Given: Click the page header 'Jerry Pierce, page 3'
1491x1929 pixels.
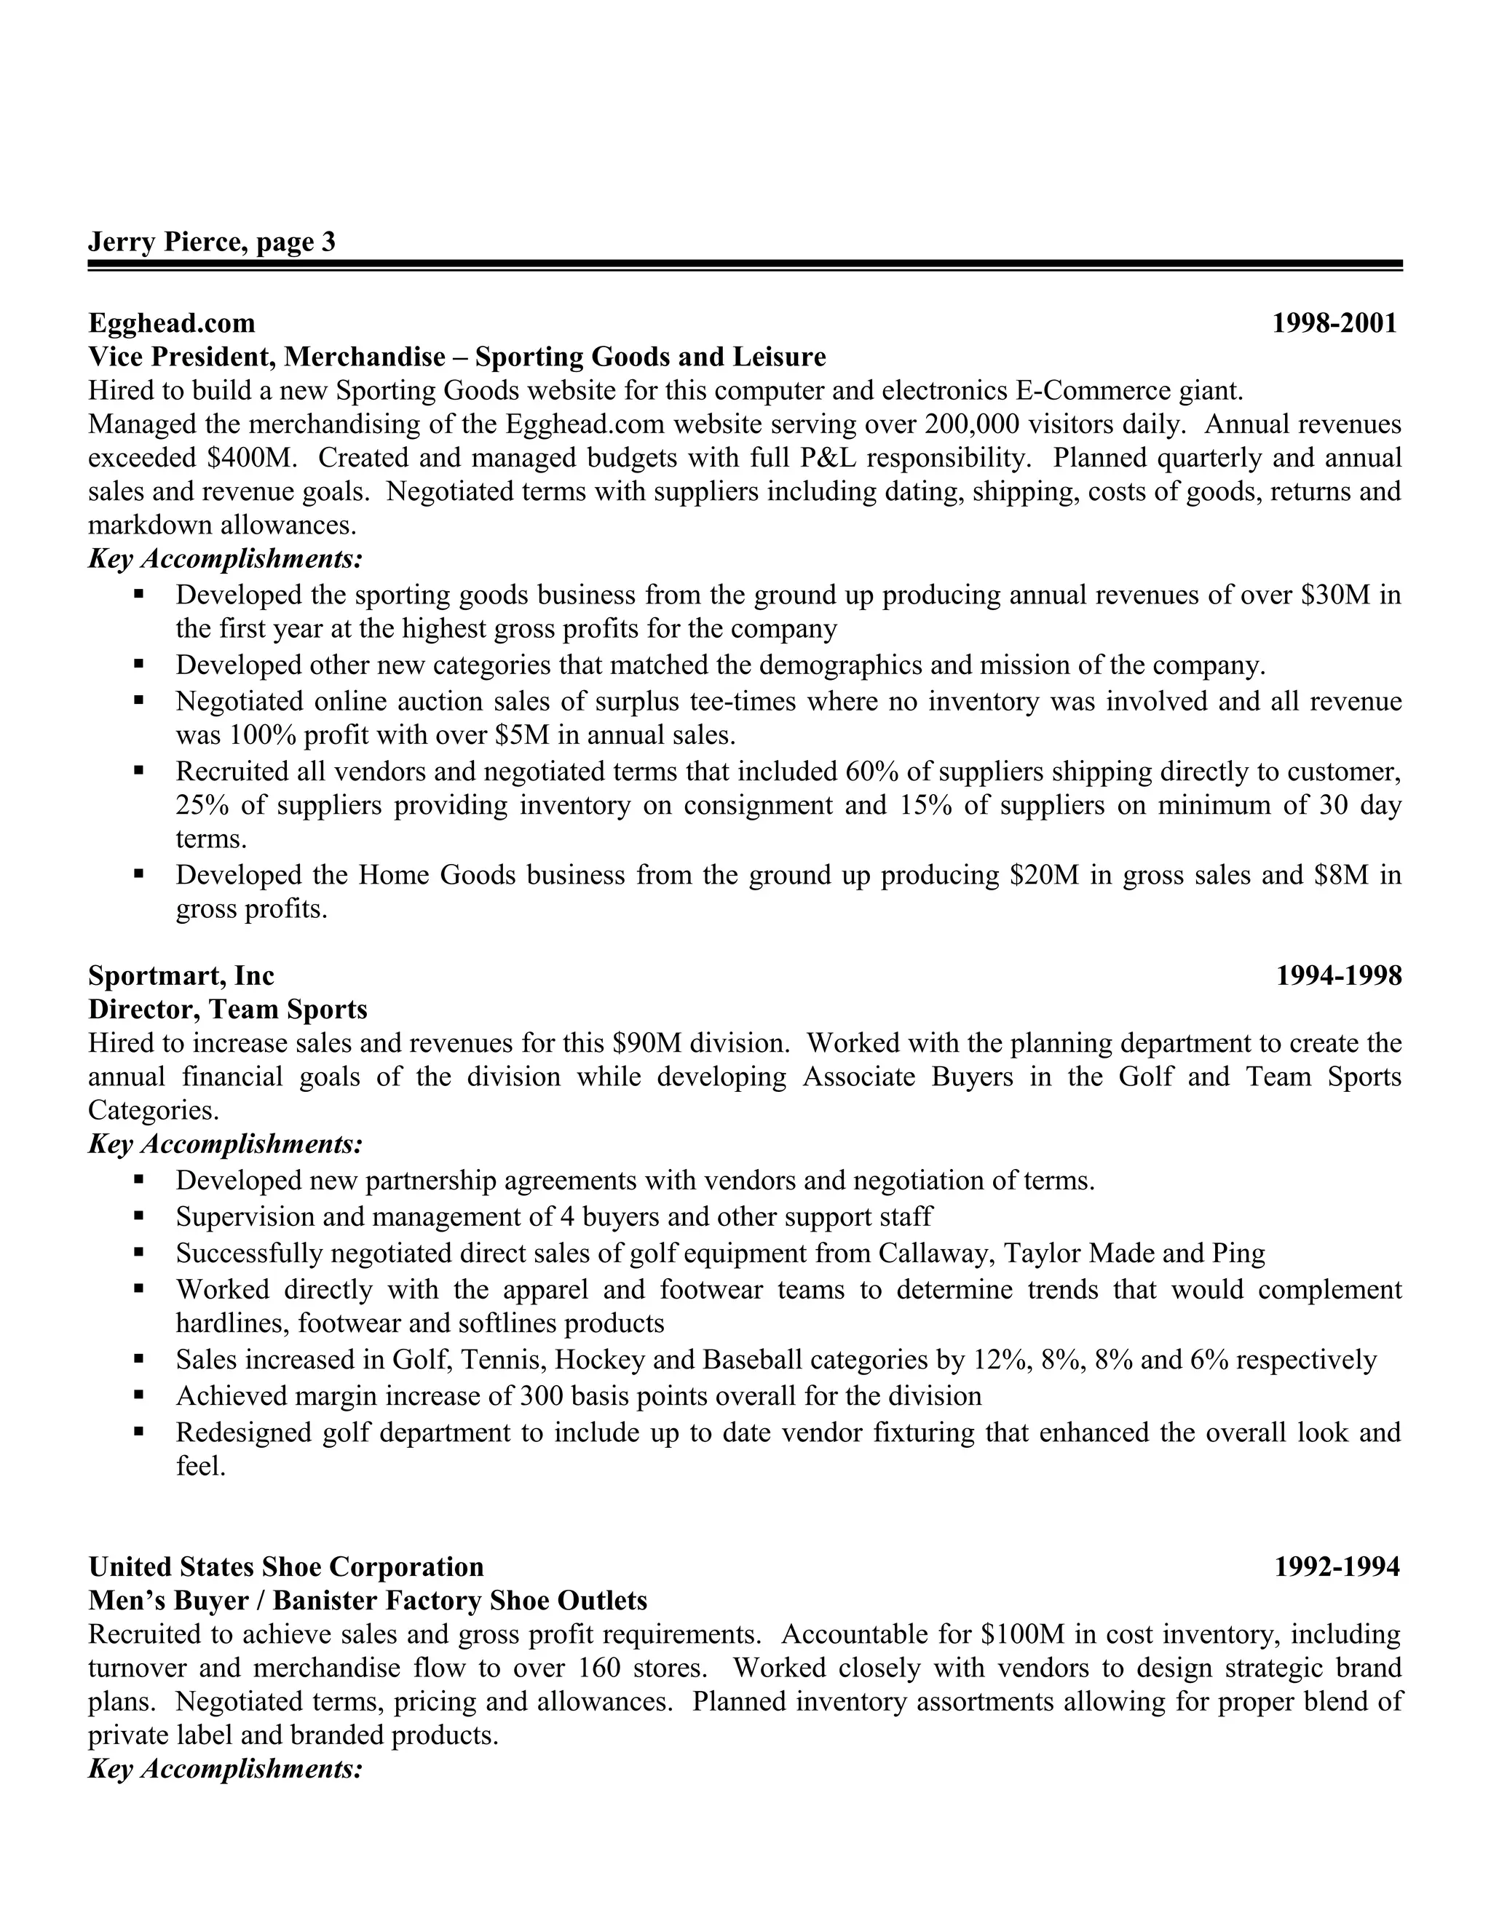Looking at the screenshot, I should click(212, 242).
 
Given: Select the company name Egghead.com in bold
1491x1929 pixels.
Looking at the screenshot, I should click(173, 323).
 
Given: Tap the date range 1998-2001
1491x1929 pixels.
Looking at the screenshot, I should click(1334, 323).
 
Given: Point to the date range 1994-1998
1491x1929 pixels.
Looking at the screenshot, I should click(1338, 975).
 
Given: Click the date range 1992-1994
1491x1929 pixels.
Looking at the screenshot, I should click(1337, 1567).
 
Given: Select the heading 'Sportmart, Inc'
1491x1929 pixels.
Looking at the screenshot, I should click(181, 975).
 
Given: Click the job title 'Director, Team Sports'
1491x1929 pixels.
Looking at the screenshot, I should click(228, 1009).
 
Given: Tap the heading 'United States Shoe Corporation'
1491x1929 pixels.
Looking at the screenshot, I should click(286, 1567).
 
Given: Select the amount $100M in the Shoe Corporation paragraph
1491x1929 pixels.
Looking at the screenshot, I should click(1023, 1635).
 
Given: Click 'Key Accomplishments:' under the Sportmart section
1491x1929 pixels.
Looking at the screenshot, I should click(226, 1145).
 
